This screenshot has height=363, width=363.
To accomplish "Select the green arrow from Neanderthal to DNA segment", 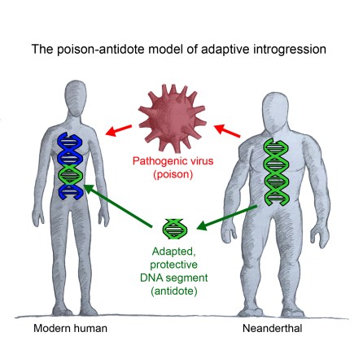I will [x=227, y=214].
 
